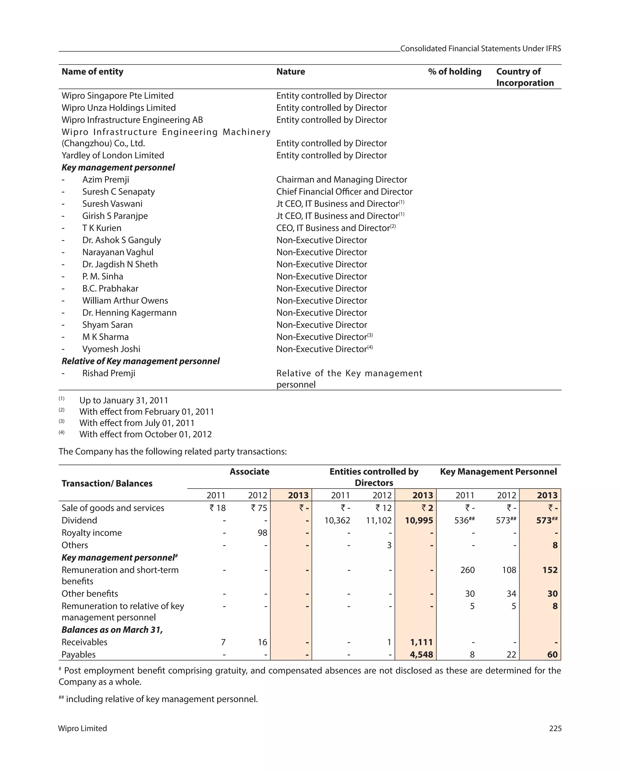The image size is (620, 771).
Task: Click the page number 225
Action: [x=555, y=728]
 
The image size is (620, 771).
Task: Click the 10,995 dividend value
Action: [x=419, y=520]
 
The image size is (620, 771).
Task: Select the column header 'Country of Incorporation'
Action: [x=525, y=77]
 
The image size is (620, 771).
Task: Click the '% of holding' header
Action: [x=454, y=71]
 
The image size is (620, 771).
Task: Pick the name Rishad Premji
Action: [x=109, y=373]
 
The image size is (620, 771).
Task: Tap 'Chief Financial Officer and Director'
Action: [x=344, y=192]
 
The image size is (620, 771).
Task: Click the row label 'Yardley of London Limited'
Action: [x=113, y=155]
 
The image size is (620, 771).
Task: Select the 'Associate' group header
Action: [x=249, y=471]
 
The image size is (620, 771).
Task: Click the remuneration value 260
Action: [x=467, y=570]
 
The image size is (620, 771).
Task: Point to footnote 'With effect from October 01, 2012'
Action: [x=145, y=434]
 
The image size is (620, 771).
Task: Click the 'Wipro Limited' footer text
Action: [x=82, y=728]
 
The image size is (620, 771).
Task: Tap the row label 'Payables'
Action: [x=78, y=654]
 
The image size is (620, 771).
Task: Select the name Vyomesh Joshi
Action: [x=111, y=349]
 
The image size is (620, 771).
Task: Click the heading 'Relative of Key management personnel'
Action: [x=140, y=361]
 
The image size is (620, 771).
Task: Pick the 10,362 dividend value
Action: [x=337, y=520]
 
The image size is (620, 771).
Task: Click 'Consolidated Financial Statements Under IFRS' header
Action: [x=480, y=49]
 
